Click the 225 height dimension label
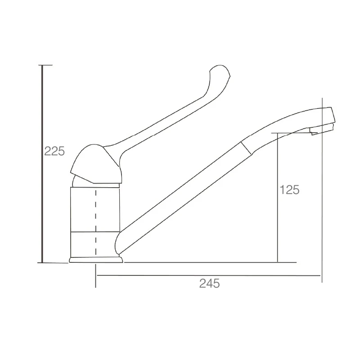tap(54, 151)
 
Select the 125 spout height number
tap(289, 190)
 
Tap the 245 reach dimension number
tap(209, 283)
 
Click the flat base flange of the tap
tap(96, 260)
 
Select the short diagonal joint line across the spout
tap(246, 148)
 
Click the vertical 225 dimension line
tap(42, 164)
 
